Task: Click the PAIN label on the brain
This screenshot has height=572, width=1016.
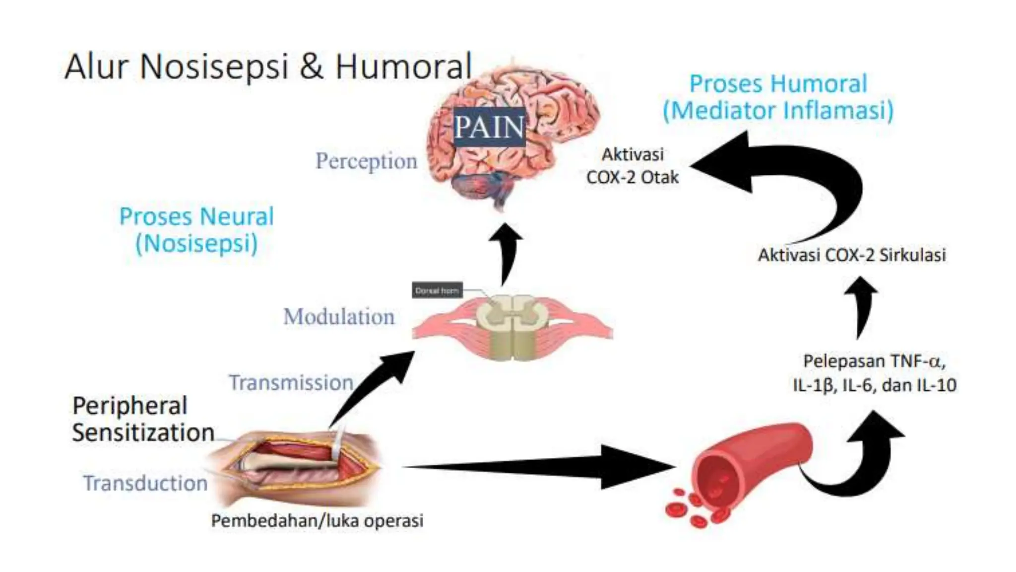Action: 489,127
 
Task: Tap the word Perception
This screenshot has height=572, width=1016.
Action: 367,161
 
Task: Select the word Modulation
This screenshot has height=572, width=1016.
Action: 339,317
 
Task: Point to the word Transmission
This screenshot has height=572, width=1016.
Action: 291,383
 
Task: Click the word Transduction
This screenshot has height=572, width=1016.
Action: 145,483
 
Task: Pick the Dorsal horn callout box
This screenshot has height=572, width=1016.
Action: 437,290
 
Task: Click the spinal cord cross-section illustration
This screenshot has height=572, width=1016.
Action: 512,325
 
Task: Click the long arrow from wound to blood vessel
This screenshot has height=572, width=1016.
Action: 541,467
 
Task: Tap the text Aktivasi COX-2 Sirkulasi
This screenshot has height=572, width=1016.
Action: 852,255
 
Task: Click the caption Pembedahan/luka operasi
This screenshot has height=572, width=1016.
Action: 317,521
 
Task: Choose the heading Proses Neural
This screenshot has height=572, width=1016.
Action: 196,217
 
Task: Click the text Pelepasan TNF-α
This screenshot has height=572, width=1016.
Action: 874,361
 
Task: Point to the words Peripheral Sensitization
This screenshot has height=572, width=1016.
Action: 143,419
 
